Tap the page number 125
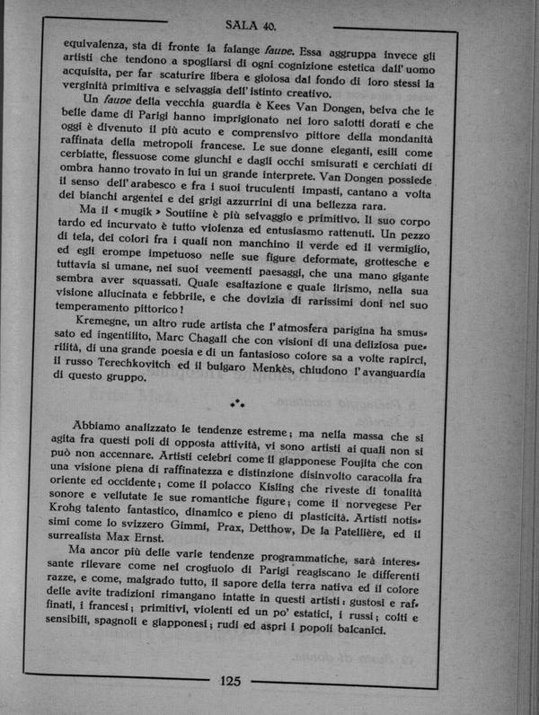(230, 679)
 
